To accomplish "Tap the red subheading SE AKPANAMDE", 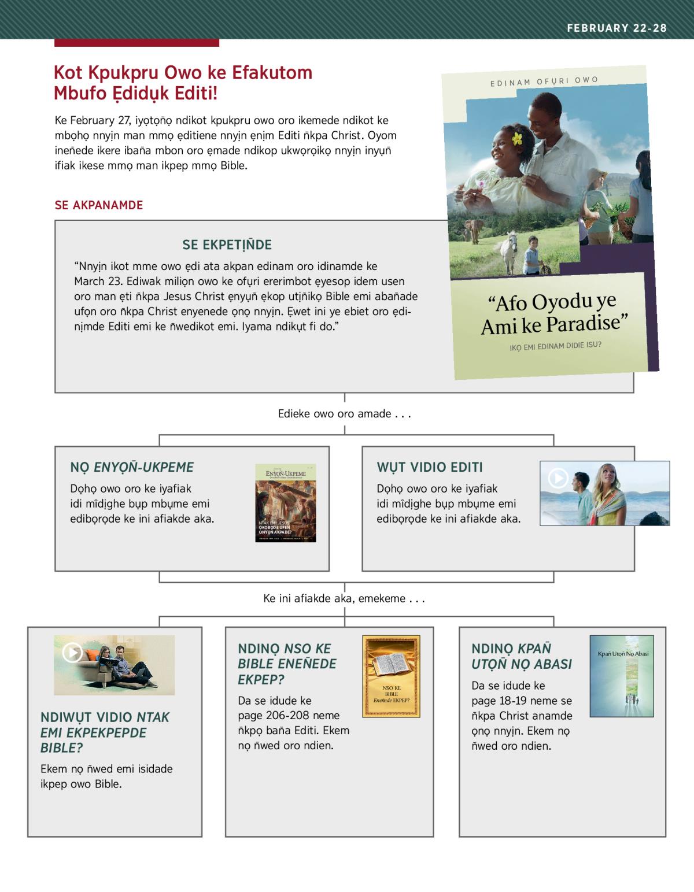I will (99, 205).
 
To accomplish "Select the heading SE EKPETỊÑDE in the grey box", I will (227, 245).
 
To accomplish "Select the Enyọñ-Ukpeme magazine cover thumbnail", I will (286, 502).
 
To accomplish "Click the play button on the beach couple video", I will (558, 478).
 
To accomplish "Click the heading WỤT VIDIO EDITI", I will (429, 467).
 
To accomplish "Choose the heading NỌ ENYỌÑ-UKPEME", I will (132, 467).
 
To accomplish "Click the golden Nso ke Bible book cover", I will (391, 676).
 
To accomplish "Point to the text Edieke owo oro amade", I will (344, 414).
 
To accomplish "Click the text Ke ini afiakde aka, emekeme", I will (344, 599).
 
